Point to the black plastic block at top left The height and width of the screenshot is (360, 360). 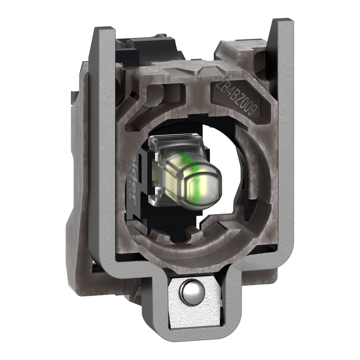tap(148, 49)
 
